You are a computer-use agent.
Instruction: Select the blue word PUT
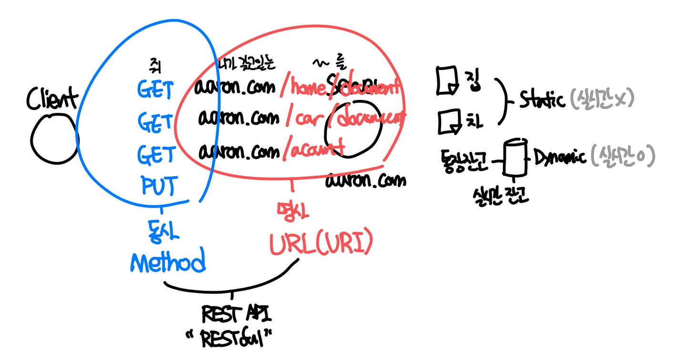[x=158, y=186]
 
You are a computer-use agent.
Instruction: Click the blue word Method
[x=168, y=261]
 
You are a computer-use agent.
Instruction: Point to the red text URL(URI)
[x=320, y=244]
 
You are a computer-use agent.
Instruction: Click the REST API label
[x=236, y=315]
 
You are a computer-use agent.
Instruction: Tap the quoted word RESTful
[x=233, y=340]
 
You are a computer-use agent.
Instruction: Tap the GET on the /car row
[x=155, y=123]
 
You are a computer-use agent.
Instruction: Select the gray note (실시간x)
[x=602, y=100]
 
